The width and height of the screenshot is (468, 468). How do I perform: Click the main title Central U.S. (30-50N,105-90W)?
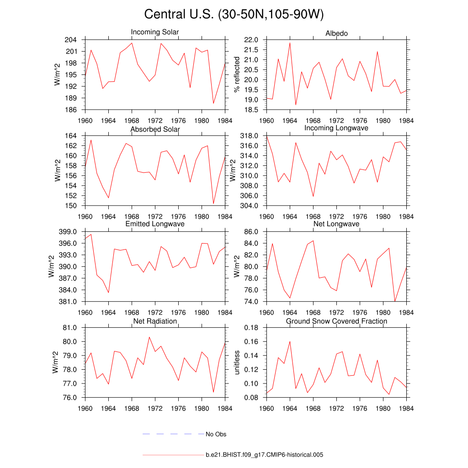point(234,15)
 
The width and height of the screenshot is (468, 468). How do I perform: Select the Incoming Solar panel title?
point(155,32)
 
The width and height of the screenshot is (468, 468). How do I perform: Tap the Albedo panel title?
point(336,34)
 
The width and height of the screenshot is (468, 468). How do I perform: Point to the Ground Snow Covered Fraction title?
point(336,321)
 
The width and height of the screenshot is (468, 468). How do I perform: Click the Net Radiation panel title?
point(155,321)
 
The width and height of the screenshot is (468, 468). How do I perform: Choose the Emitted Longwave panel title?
point(155,224)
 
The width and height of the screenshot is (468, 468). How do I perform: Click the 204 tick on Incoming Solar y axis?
point(71,40)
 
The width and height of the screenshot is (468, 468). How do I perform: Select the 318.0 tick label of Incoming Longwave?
point(250,136)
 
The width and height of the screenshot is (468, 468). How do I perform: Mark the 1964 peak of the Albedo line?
point(290,43)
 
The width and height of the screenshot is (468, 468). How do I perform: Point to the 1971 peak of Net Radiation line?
point(149,337)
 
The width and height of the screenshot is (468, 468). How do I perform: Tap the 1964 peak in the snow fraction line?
point(290,341)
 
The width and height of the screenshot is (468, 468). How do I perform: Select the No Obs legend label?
point(216,434)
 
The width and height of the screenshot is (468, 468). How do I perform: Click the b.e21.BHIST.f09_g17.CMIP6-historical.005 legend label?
point(265,455)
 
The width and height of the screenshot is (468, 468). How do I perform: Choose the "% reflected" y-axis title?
point(237,74)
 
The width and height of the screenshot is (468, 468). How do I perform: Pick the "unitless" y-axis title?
point(237,362)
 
